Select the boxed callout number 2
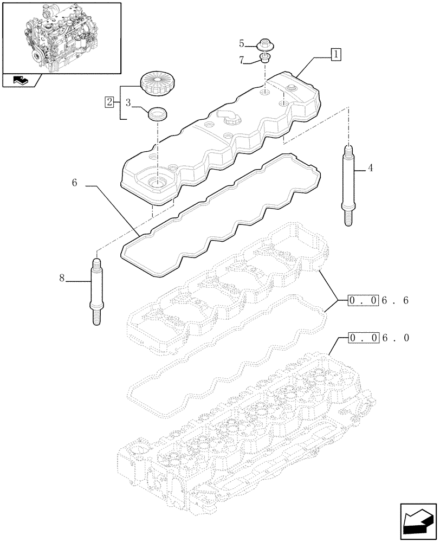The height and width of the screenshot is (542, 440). click(x=110, y=101)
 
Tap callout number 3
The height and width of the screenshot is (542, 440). click(x=128, y=101)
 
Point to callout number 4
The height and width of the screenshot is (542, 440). click(x=370, y=169)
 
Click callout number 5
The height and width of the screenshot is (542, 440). click(x=242, y=42)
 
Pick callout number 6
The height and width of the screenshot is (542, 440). click(x=74, y=184)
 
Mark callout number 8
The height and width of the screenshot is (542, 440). click(x=62, y=279)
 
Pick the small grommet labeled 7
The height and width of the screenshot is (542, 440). click(x=264, y=58)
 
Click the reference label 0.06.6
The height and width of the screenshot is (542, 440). click(x=379, y=300)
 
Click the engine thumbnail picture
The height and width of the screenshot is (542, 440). click(x=61, y=37)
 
